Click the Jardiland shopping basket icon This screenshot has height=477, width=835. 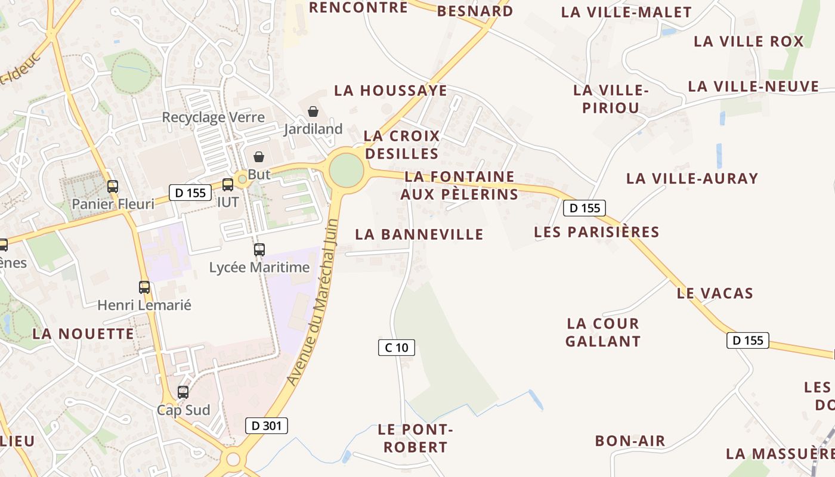(x=313, y=111)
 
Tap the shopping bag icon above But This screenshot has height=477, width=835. (x=259, y=157)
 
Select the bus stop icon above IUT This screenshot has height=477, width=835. (x=227, y=185)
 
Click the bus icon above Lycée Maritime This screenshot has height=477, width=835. (x=259, y=250)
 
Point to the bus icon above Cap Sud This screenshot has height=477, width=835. (x=183, y=392)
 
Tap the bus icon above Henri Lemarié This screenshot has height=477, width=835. (x=144, y=287)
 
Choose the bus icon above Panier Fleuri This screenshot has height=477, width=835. (x=113, y=187)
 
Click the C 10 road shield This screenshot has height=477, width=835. (x=396, y=347)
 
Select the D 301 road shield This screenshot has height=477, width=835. (x=267, y=425)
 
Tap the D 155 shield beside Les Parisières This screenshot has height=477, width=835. (x=584, y=207)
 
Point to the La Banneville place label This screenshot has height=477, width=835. (x=419, y=234)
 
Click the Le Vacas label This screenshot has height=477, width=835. (x=715, y=293)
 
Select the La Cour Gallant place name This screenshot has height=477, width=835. (x=603, y=333)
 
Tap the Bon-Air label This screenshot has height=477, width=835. (x=630, y=441)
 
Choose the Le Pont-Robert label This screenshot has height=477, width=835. (x=415, y=438)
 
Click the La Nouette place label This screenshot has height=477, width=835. (x=83, y=334)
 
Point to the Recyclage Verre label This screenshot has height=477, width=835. (x=213, y=117)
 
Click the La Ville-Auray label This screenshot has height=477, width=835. (x=692, y=178)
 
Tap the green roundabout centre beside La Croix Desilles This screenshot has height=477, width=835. (x=346, y=170)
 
